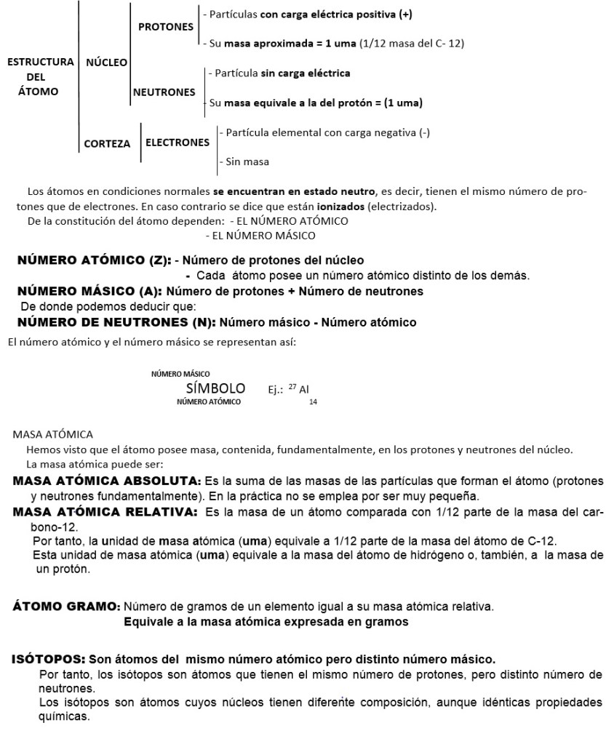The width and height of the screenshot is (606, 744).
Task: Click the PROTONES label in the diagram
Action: (165, 27)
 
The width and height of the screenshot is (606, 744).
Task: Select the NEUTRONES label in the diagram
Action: (164, 92)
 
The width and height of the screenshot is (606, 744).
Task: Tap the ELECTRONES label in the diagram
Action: (178, 143)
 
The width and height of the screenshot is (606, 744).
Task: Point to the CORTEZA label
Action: (107, 143)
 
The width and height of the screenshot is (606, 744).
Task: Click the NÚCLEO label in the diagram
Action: (106, 63)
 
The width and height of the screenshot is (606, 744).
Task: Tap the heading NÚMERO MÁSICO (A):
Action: (84, 291)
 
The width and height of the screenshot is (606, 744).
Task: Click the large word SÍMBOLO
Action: (215, 388)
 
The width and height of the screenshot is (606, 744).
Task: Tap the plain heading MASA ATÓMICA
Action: (53, 434)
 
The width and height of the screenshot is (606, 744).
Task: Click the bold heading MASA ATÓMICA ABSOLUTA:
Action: (106, 481)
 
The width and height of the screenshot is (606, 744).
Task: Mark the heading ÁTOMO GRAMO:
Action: (67, 606)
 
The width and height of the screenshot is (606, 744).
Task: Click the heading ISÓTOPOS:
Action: (48, 660)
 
